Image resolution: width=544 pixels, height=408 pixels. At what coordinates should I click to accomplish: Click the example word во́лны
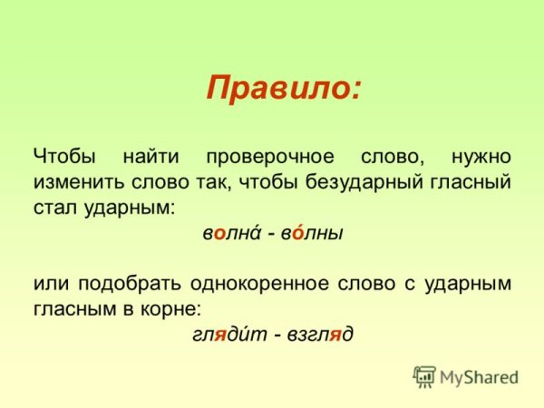[313, 233]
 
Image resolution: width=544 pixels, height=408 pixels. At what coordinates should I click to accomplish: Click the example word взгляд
[317, 335]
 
